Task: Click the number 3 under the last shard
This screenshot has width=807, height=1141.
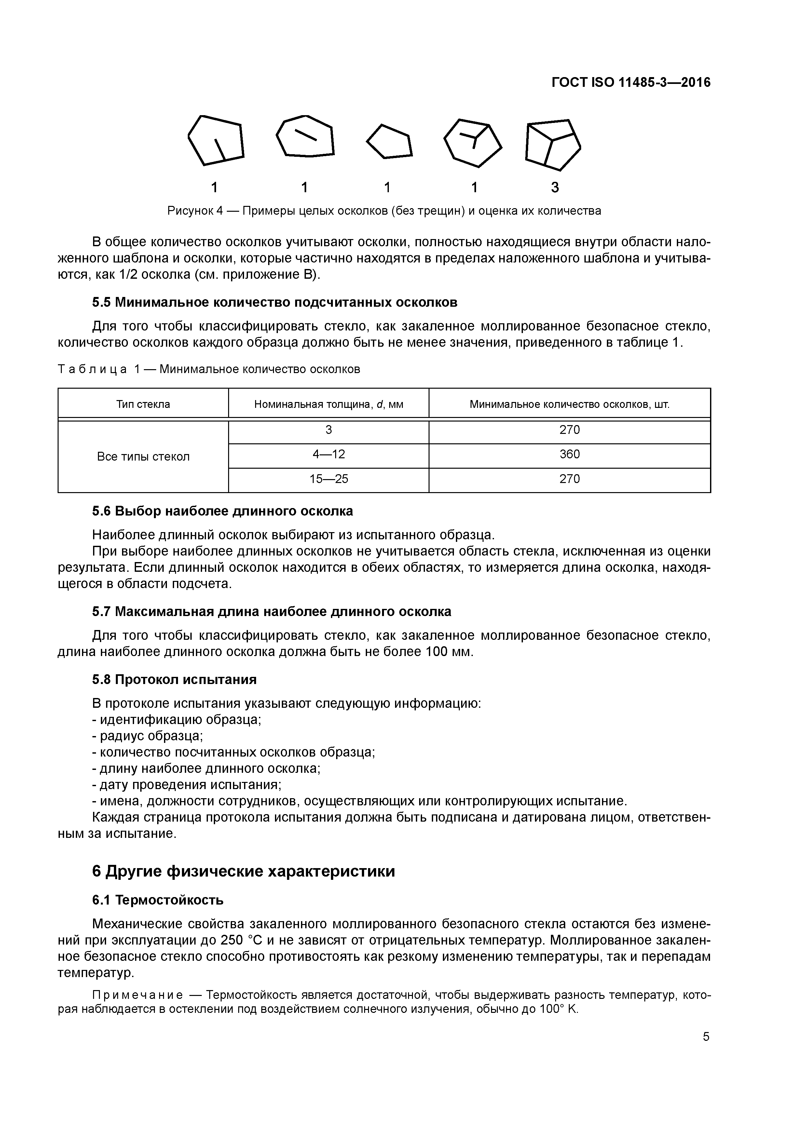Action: pyautogui.click(x=555, y=188)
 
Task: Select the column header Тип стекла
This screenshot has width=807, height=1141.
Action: pyautogui.click(x=143, y=404)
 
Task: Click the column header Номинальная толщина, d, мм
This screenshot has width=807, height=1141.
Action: pyautogui.click(x=328, y=404)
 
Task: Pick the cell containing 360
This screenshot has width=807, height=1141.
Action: pyautogui.click(x=569, y=454)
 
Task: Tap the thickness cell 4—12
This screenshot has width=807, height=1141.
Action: pyautogui.click(x=328, y=454)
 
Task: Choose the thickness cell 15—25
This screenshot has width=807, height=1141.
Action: pyautogui.click(x=328, y=479)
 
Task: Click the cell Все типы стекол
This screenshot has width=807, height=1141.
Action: pyautogui.click(x=143, y=457)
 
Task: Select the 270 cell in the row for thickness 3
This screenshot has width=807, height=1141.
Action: pyautogui.click(x=569, y=430)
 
